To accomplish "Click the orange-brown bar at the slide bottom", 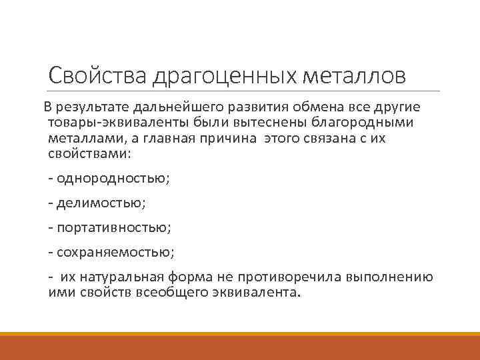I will coord(240,347).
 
